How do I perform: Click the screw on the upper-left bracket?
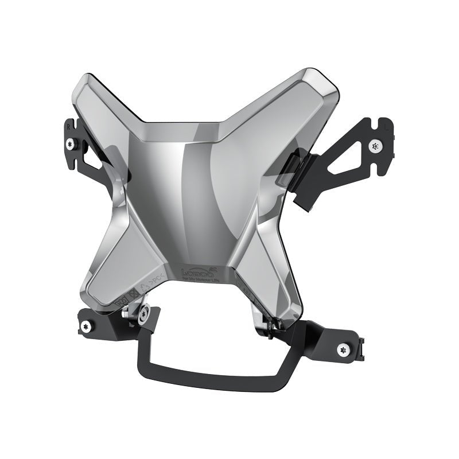tap(69, 143)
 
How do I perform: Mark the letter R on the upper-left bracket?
tap(68, 122)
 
